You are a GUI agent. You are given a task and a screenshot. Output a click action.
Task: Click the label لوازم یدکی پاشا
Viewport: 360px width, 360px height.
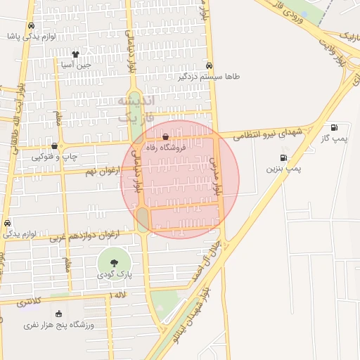tap(31, 35)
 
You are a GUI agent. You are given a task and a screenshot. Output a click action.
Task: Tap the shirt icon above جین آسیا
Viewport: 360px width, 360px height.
tap(75, 54)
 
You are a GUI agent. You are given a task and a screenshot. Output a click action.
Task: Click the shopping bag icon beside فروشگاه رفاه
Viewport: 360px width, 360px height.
tap(165, 137)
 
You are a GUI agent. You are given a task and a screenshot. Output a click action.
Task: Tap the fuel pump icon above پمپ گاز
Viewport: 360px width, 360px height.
tap(333, 128)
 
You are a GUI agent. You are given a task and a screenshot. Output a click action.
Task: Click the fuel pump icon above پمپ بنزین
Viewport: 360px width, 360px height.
tap(283, 158)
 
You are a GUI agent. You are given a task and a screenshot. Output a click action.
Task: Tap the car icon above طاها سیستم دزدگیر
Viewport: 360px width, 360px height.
tap(209, 65)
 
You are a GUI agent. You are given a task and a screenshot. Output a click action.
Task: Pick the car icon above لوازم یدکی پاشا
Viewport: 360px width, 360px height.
tap(31, 25)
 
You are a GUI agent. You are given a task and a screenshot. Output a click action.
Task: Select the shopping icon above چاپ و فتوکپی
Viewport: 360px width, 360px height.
tap(55, 146)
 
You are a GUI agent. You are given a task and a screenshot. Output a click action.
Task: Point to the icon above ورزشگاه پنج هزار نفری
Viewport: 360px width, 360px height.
tap(58, 314)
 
